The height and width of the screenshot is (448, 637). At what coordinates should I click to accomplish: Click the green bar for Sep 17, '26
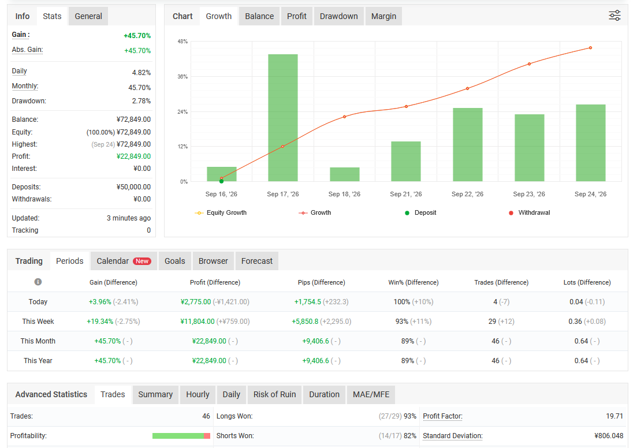(283, 118)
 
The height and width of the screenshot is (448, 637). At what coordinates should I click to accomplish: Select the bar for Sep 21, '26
(406, 162)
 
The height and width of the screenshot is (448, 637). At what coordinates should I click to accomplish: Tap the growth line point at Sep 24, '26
(590, 48)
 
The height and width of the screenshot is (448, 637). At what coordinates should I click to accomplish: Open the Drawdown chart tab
(339, 16)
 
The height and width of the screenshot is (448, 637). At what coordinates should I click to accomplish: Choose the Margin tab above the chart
(383, 16)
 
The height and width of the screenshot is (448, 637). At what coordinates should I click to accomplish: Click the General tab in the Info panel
(88, 16)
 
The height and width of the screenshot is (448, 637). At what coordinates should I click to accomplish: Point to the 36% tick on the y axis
(182, 77)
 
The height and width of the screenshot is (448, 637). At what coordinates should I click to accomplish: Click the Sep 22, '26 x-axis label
(467, 194)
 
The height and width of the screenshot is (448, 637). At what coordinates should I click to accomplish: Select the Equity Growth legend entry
(221, 213)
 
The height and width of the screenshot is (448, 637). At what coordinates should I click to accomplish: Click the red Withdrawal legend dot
(511, 213)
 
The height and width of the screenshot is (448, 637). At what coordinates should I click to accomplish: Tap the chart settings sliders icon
(614, 16)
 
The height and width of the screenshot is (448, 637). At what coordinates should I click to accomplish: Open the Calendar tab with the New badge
(124, 261)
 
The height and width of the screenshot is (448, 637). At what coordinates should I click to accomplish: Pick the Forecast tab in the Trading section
(257, 261)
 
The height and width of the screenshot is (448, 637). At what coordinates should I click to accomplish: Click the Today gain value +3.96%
(100, 302)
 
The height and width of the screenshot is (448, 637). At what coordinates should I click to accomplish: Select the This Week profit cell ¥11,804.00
(198, 322)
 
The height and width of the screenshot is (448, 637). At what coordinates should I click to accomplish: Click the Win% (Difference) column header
(413, 282)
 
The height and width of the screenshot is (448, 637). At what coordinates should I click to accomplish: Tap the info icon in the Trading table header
(38, 282)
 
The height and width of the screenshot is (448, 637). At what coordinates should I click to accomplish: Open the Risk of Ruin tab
(275, 395)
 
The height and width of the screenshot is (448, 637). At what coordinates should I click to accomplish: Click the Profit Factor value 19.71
(614, 416)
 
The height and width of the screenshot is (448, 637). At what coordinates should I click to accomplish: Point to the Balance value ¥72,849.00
(133, 120)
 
